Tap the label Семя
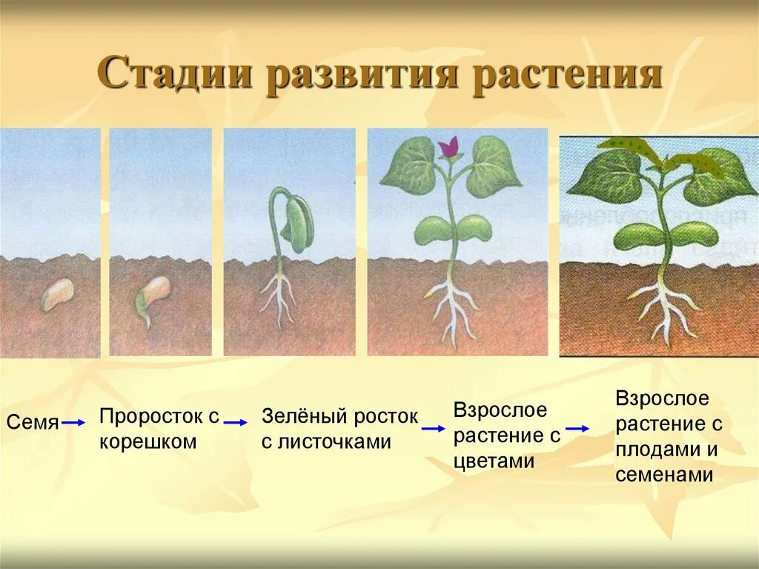[33, 423]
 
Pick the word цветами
[494, 461]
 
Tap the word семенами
[664, 475]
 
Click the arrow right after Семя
[73, 423]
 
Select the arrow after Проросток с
[235, 422]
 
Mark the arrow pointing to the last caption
[577, 428]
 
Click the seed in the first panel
[56, 295]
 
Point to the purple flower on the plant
[448, 147]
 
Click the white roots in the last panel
[666, 308]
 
